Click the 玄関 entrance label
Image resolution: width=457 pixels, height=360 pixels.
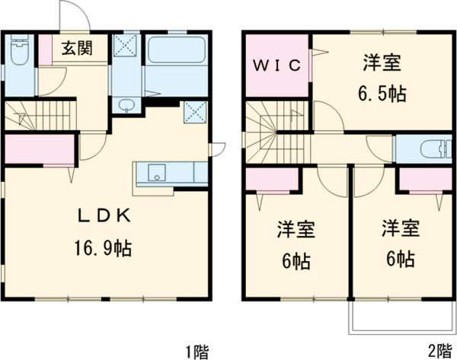click(77, 49)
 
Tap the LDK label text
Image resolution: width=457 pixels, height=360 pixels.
click(106, 216)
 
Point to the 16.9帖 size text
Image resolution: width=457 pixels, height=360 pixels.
click(106, 247)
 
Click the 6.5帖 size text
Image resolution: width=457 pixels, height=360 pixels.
click(382, 94)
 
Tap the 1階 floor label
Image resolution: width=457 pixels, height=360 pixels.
click(197, 351)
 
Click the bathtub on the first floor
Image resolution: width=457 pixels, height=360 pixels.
click(177, 53)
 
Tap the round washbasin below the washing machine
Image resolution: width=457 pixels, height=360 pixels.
click(126, 105)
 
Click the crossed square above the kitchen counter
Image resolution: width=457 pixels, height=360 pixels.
click(196, 113)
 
